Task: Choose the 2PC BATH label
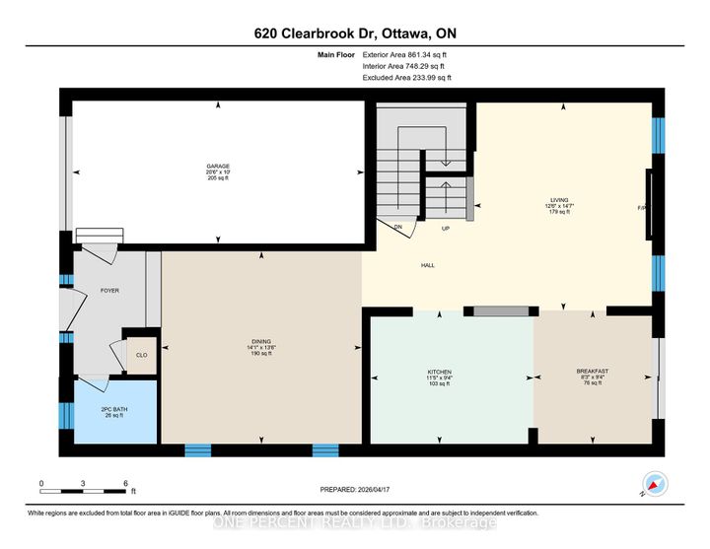tap(114, 409)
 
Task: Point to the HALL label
tap(428, 265)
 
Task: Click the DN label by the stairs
tap(398, 227)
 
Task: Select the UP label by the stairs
tap(445, 228)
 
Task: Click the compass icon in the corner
tap(654, 484)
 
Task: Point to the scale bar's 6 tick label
tap(126, 483)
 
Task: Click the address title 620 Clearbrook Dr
tap(354, 34)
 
